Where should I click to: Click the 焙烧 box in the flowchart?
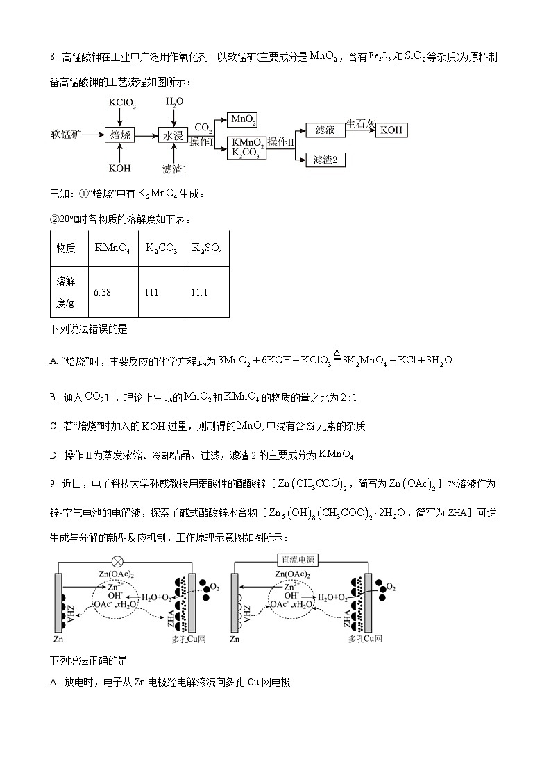[119, 135]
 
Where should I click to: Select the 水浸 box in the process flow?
[173, 135]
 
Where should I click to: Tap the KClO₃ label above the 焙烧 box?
[122, 104]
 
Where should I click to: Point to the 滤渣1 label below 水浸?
[175, 169]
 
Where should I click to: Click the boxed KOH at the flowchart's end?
[391, 130]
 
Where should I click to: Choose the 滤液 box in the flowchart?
[325, 130]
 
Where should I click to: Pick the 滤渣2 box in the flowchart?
[325, 160]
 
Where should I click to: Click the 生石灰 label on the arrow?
[361, 123]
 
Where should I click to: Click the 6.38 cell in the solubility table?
[102, 292]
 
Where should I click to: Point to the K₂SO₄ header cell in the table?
[207, 248]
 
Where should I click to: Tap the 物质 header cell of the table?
[66, 248]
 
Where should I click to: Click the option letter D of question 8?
[54, 455]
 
